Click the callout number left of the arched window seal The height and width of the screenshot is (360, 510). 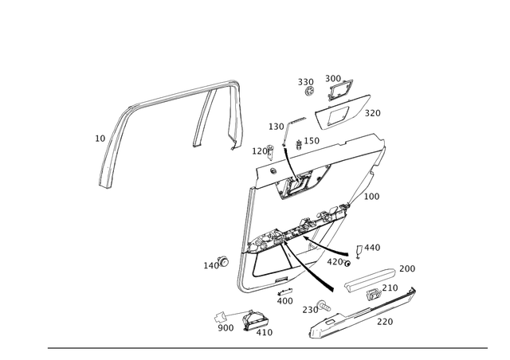pos(100,139)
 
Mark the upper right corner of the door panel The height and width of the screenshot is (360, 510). pos(384,143)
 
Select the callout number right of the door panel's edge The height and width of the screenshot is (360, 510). pos(372,194)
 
